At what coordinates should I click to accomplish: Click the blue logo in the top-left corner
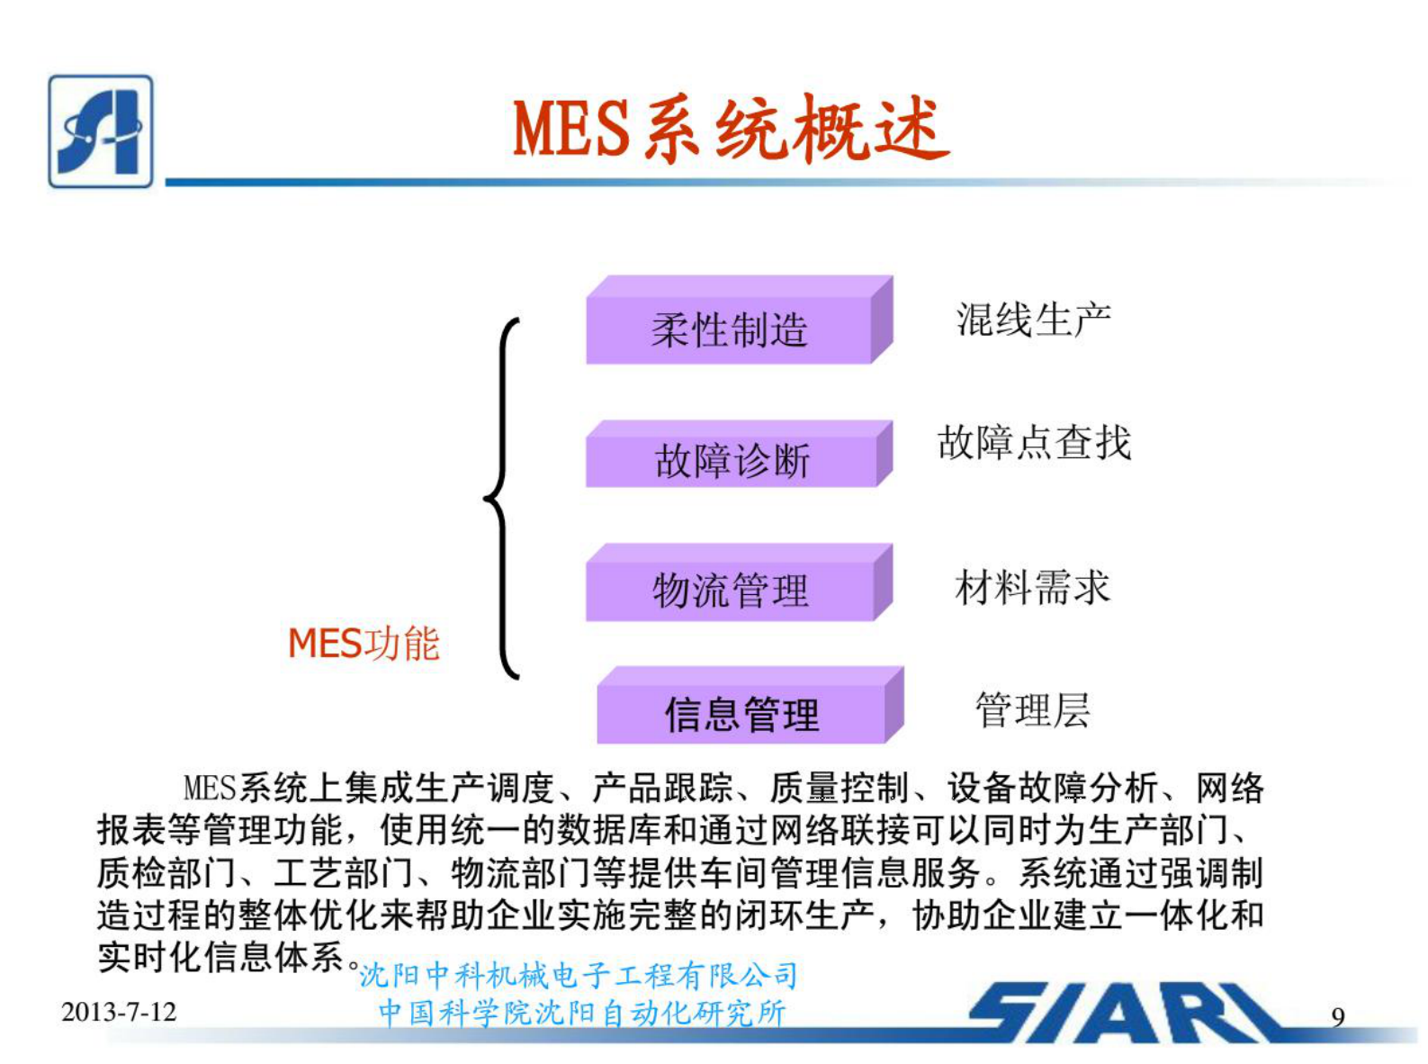click(100, 131)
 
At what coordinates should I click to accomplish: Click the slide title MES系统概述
click(731, 129)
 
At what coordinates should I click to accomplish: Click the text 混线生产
click(1033, 320)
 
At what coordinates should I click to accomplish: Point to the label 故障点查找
click(1034, 443)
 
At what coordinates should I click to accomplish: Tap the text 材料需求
click(1032, 588)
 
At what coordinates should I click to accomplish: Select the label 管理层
click(1032, 710)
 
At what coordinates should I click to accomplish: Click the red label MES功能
click(364, 644)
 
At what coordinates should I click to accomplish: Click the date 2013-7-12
click(119, 1012)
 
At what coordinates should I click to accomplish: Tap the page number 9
click(1338, 1017)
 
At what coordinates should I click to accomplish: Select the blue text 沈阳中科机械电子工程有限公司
click(579, 975)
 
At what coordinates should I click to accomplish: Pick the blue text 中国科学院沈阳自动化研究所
click(582, 1013)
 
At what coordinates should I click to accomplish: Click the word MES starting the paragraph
click(209, 789)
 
